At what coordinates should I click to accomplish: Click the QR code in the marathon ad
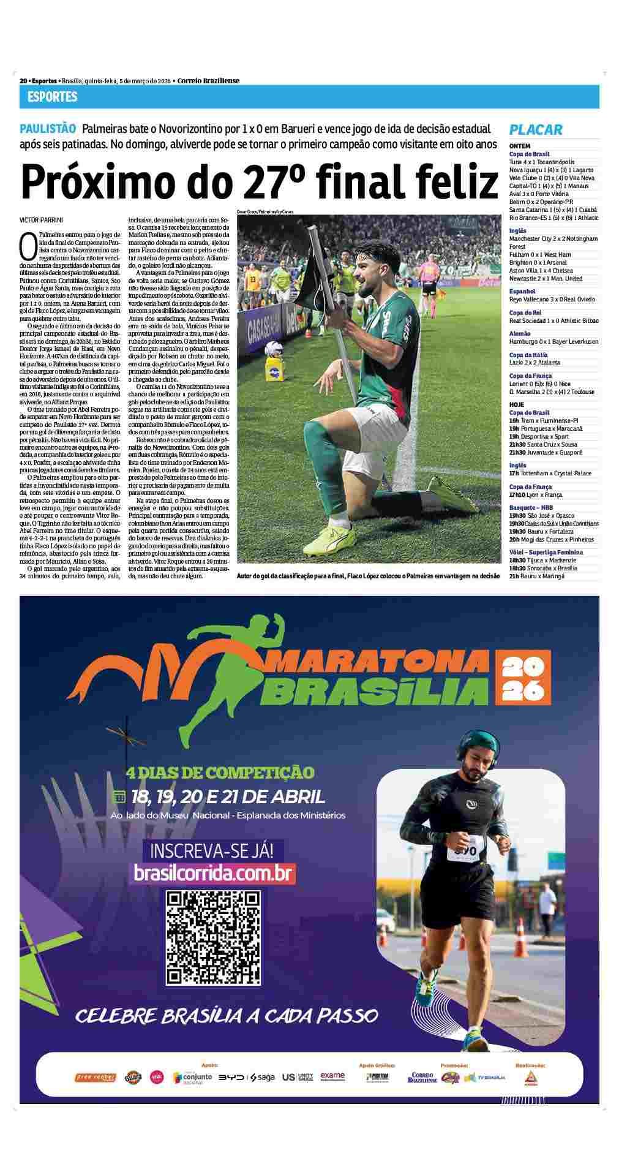click(x=214, y=937)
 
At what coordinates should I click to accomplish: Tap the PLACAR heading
click(x=536, y=129)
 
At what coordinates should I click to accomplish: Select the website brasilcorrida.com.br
click(x=214, y=872)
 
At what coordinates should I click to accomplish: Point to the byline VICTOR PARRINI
click(x=41, y=219)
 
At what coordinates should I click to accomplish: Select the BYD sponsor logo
click(x=233, y=1077)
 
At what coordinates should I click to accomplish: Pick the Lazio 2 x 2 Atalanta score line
click(x=535, y=363)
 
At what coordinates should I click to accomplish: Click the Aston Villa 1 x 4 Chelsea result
click(x=541, y=270)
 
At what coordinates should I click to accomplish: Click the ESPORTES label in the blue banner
click(x=53, y=97)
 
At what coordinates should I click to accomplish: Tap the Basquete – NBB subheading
click(x=531, y=508)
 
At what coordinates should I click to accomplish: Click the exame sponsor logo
click(x=332, y=1076)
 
